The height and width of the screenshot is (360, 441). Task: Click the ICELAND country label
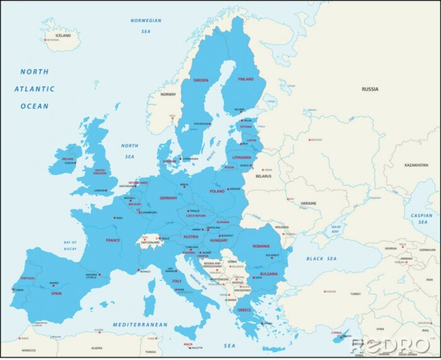coord(63,35)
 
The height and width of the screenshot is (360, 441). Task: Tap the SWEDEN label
coord(201,80)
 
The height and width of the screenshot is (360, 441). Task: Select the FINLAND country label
coord(246,79)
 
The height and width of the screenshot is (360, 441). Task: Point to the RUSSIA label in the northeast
coord(370,90)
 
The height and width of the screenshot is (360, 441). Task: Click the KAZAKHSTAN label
coord(416,165)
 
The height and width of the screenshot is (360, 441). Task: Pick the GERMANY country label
coord(168,198)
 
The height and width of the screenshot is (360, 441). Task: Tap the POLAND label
coord(217,191)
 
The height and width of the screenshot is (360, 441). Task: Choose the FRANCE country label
coord(113,240)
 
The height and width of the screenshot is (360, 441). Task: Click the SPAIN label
coord(56,293)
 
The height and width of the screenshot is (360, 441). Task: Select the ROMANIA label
coord(261,246)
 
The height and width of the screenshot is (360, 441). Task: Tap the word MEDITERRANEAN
coord(140,325)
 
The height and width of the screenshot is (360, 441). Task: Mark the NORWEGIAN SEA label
coord(146,25)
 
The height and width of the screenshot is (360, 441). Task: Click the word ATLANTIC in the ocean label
coord(35,89)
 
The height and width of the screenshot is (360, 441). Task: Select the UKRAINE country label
coord(309,204)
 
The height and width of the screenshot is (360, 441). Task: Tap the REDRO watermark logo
coord(390,346)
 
